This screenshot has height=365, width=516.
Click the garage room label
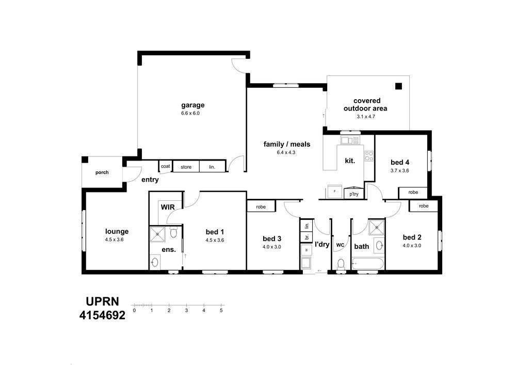(192, 105)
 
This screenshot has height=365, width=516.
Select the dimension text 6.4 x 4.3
(286, 152)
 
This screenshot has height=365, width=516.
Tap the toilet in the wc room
(341, 265)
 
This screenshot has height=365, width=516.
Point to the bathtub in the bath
(367, 263)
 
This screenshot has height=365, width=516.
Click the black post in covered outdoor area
(398, 86)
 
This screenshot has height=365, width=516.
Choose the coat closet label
(165, 166)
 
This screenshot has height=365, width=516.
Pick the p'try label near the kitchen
(354, 194)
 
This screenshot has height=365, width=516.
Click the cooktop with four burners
(369, 156)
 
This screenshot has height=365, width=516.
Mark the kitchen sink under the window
(350, 140)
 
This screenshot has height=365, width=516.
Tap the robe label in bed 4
(413, 192)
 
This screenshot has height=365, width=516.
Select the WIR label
(168, 207)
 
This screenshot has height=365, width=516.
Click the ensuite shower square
(157, 234)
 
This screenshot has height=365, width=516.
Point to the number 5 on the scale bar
(221, 310)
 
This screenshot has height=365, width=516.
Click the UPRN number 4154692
(102, 315)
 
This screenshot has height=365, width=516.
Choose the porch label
(102, 172)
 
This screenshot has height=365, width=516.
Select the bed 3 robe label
(261, 207)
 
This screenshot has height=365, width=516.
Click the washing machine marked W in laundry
(306, 250)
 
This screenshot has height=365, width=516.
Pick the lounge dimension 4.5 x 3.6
(114, 240)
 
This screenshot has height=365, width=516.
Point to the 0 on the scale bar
(134, 310)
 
